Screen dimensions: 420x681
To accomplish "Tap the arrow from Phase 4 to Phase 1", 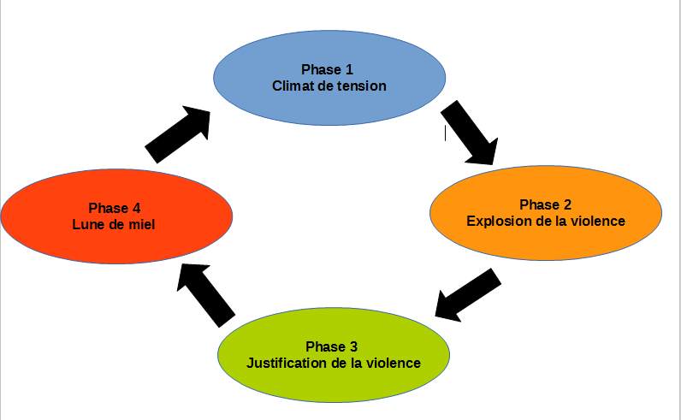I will pos(179,135).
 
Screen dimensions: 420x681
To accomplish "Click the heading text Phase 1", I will pos(327,69).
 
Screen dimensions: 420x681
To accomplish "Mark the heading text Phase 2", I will pos(546,204).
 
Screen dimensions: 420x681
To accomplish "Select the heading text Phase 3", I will pos(332,346).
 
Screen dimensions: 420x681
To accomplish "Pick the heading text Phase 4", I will pos(115,208).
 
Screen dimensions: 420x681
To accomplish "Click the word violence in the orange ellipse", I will pos(596,221).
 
